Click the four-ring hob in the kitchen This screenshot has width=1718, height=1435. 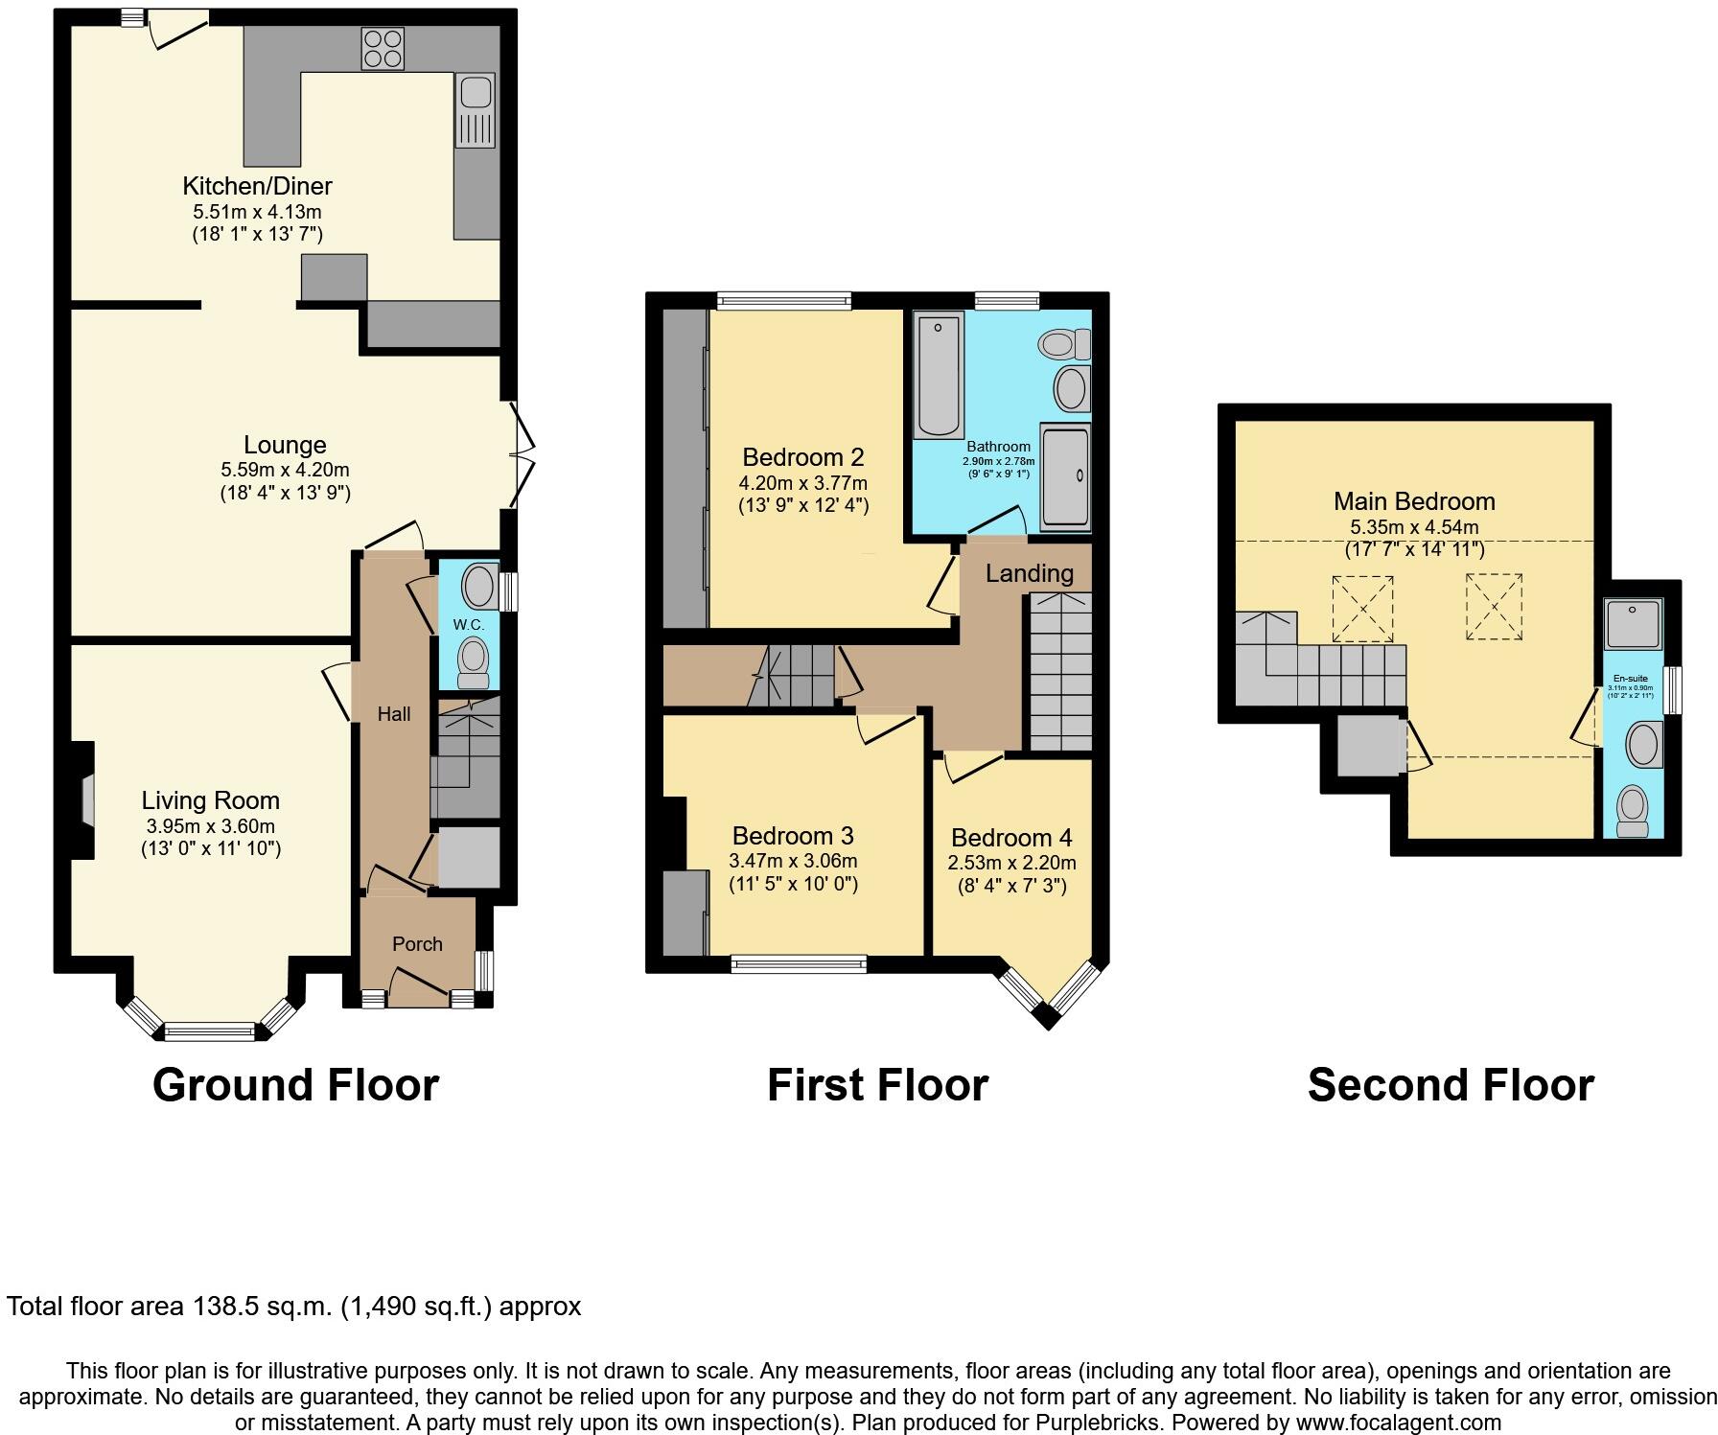coord(383,49)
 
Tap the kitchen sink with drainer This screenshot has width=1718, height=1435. coord(475,110)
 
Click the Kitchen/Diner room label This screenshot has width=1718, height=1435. coord(257,186)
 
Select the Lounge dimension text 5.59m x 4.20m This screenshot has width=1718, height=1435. coord(285,470)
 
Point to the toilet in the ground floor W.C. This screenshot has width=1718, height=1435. coord(473,662)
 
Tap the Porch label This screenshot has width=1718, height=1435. coord(417,944)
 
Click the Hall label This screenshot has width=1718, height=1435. coord(394,714)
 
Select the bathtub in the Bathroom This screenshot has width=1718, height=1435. coord(939,375)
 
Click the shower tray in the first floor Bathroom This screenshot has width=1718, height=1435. coord(1065,476)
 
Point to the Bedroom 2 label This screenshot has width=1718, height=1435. coord(803,457)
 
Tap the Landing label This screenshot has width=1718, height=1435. coord(1029,573)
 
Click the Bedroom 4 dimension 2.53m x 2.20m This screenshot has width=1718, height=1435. coord(1011,863)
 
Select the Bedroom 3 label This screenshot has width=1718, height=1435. coord(793,836)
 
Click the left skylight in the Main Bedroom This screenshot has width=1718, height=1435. coord(1361,609)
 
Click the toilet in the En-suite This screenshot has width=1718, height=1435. coord(1631,811)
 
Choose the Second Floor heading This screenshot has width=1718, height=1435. coord(1450,1085)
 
